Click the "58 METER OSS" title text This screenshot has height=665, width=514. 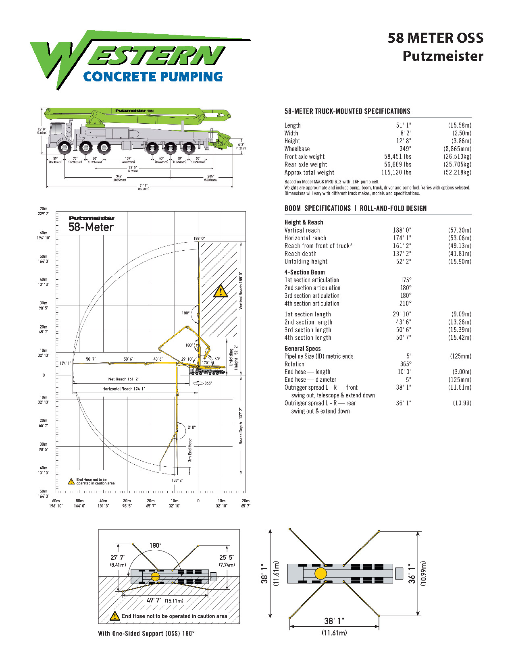pos(435,38)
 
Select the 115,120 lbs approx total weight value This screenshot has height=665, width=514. pos(396,172)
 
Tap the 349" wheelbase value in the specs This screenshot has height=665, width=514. pos(405,149)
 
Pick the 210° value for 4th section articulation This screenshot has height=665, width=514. pos(405,303)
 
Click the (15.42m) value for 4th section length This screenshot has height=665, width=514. pos(459,338)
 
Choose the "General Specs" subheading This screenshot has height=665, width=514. pos(302,349)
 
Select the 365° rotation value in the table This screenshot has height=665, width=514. pos(406,364)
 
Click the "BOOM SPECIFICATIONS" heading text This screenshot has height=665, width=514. pos(317,208)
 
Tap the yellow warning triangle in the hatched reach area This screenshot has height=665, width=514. pos(220,291)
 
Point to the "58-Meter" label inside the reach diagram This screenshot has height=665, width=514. pos(91,227)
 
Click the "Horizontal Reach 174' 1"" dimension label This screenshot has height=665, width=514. pos(123,389)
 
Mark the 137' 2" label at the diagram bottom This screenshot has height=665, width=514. pos(177,480)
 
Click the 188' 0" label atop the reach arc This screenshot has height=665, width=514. pos(199,239)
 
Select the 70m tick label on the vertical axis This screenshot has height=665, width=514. pos(44,209)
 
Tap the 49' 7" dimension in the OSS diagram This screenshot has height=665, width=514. pos(154,601)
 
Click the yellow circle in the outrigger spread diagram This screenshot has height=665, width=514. pos(320,573)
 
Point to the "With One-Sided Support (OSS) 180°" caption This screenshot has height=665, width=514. pos(146,634)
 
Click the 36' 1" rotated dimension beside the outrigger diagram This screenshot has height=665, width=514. pos(411,573)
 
